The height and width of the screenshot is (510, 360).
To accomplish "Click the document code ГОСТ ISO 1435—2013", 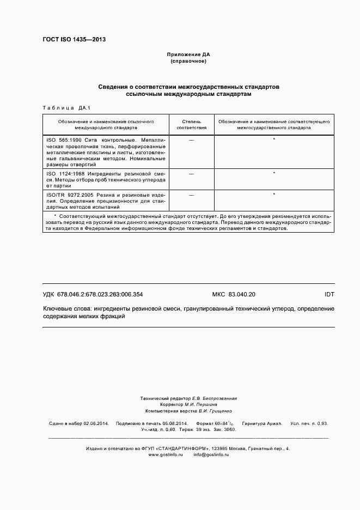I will (74, 40).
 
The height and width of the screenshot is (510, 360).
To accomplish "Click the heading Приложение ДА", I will (188, 54).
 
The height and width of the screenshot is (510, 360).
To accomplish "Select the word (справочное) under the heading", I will (188, 61).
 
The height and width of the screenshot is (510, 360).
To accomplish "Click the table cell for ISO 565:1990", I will (106, 151).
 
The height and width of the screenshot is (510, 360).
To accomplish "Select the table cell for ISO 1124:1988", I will (106, 179).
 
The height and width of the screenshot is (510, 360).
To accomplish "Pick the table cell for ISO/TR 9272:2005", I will (106, 200).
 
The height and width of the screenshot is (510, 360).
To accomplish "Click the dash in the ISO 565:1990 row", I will (191, 140).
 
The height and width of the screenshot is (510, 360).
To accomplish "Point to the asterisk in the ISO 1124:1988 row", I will (273, 173).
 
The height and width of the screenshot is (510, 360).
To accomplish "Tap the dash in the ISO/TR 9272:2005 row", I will (191, 194).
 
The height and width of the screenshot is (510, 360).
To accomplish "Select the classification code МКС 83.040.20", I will (233, 295).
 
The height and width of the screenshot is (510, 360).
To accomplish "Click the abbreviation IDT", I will (329, 295).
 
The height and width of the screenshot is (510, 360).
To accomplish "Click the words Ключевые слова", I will (66, 308).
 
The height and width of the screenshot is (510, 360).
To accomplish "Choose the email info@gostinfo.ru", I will (211, 454).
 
